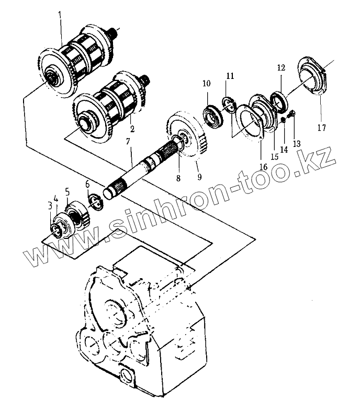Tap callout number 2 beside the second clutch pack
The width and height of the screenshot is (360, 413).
[132, 128]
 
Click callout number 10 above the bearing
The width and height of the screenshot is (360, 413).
[206, 84]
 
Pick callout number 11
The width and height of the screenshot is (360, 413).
[230, 76]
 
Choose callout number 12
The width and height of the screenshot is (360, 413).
[281, 67]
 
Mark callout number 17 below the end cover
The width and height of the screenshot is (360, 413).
[320, 127]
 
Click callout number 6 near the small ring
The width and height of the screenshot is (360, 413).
[87, 184]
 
